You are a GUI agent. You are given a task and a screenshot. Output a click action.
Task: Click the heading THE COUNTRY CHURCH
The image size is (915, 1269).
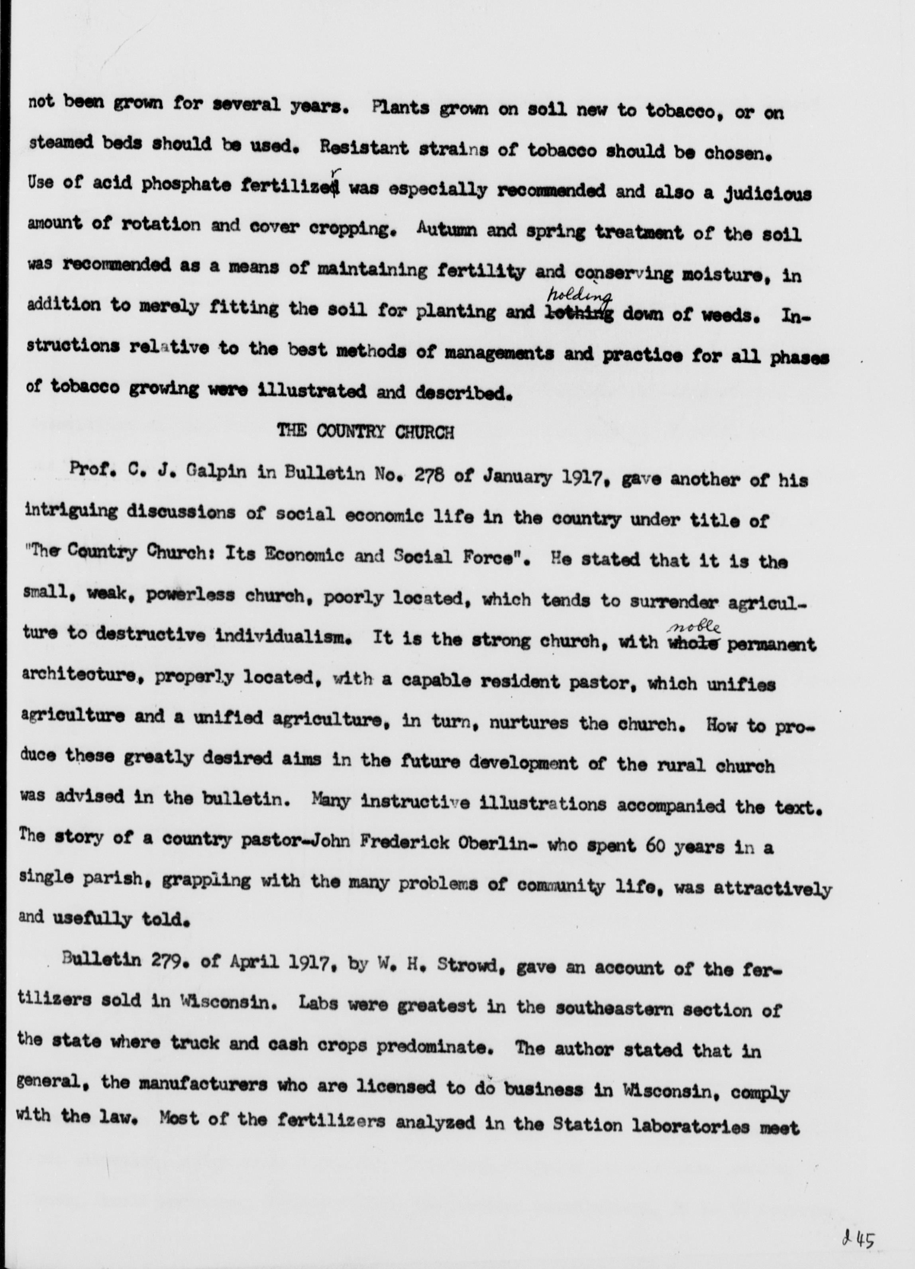click(x=365, y=432)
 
